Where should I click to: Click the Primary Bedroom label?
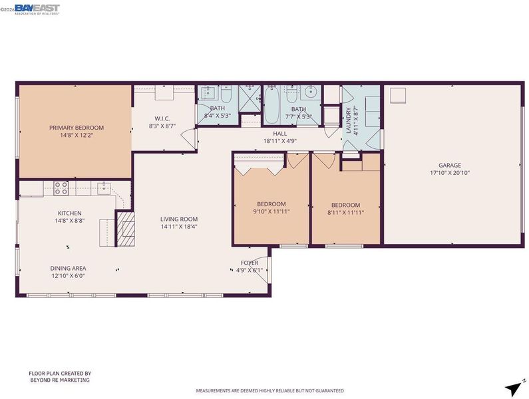(77, 128)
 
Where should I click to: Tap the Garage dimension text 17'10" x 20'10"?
(450, 173)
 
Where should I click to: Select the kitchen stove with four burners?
(61, 188)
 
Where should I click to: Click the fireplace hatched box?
(126, 229)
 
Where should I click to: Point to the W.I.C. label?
(162, 119)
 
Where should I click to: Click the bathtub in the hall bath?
(271, 105)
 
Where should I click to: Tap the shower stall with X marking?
(250, 98)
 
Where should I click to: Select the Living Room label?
(179, 219)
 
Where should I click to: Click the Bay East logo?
(37, 9)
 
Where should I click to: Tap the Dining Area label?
(68, 269)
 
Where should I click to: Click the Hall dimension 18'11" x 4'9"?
(280, 142)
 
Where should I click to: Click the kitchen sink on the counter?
(104, 188)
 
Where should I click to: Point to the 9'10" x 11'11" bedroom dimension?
(271, 212)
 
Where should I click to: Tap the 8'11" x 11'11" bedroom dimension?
(346, 213)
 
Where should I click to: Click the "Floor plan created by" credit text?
(60, 374)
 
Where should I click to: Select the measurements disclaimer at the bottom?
(270, 391)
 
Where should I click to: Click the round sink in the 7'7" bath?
(310, 91)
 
